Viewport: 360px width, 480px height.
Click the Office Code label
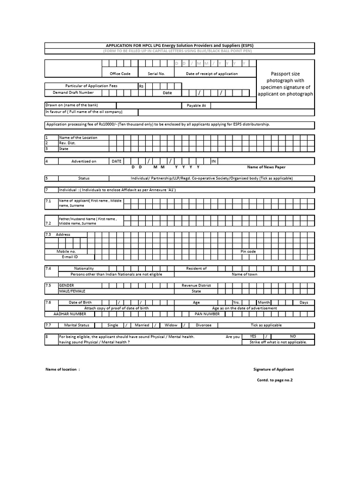click(x=120, y=74)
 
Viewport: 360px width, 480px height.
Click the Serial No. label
click(x=156, y=74)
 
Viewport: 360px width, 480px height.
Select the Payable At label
click(x=196, y=105)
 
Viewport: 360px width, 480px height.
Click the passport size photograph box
click(x=285, y=84)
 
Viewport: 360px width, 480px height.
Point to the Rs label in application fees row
click(x=141, y=86)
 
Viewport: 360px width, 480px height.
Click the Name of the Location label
click(x=78, y=137)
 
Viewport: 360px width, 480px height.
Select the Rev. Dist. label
click(x=67, y=143)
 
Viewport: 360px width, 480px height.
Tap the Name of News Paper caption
click(x=266, y=167)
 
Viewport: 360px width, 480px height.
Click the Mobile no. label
click(x=66, y=251)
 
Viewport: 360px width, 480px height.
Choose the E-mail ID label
click(x=70, y=257)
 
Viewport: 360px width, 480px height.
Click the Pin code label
click(x=248, y=251)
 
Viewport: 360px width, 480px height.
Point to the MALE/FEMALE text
click(x=70, y=291)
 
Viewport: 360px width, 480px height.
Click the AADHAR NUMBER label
click(x=70, y=314)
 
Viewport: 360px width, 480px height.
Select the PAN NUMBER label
click(x=207, y=314)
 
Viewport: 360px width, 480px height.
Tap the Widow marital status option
click(x=171, y=325)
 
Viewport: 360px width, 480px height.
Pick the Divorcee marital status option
click(x=203, y=325)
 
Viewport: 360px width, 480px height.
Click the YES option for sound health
click(x=253, y=336)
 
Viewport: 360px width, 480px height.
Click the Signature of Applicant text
click(x=273, y=369)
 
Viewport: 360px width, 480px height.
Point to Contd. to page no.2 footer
click(x=274, y=380)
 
